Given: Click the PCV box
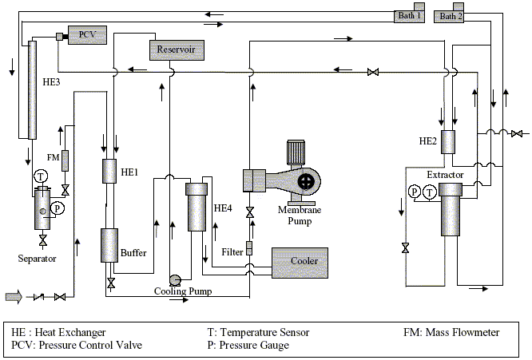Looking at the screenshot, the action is coord(88,35).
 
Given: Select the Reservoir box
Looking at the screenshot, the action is coord(177,50).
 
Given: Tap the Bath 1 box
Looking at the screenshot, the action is coord(409,16).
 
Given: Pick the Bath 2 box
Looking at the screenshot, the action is coord(449,16).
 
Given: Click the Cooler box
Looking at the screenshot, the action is coord(300,263).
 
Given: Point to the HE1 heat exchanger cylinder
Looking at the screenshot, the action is coord(109,171).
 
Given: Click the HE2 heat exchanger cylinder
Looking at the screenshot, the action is coord(448,142).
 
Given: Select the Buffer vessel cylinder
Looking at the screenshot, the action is coord(109,245).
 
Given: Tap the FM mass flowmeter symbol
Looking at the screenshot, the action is coord(65,160).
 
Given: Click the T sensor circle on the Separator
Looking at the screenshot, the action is coord(41,176).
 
